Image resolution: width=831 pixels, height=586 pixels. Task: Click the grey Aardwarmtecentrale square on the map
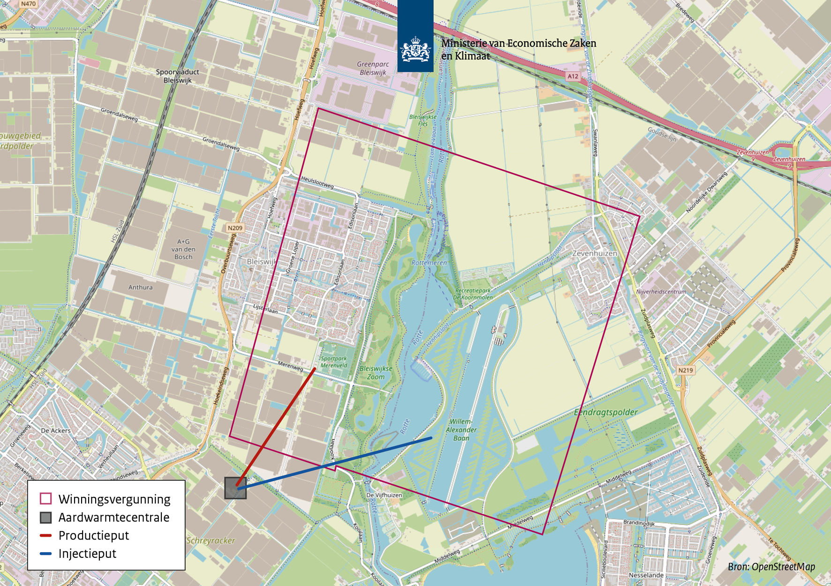pos(235,488)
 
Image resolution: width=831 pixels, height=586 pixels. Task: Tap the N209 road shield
pos(235,228)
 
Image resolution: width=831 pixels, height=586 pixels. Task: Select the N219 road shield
pos(686,370)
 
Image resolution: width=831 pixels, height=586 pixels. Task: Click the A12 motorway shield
pos(573,76)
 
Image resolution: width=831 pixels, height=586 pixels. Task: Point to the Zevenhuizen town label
pos(595,253)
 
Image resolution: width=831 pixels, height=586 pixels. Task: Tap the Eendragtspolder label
pos(605,412)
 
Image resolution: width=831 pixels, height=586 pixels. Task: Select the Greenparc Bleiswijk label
pos(372,68)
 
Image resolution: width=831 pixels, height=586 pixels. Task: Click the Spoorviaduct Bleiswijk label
pos(177,76)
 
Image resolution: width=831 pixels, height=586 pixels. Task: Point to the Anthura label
pos(140,287)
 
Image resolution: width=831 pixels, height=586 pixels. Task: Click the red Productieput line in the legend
pos(45,535)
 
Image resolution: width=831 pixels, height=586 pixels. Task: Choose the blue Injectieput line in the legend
pos(45,554)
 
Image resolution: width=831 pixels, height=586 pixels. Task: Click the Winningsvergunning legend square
pos(45,499)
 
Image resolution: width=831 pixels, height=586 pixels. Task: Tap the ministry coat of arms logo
pos(415,49)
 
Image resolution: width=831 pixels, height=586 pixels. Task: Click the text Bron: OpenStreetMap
pos(771,567)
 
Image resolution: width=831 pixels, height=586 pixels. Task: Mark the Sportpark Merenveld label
pos(334,362)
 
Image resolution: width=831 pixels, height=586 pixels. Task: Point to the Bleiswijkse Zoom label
pos(376,373)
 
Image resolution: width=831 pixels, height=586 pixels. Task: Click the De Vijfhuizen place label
pos(384,495)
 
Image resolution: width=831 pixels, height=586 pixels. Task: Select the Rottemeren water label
pos(429,263)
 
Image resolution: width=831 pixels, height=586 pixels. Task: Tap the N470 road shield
pos(28,4)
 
